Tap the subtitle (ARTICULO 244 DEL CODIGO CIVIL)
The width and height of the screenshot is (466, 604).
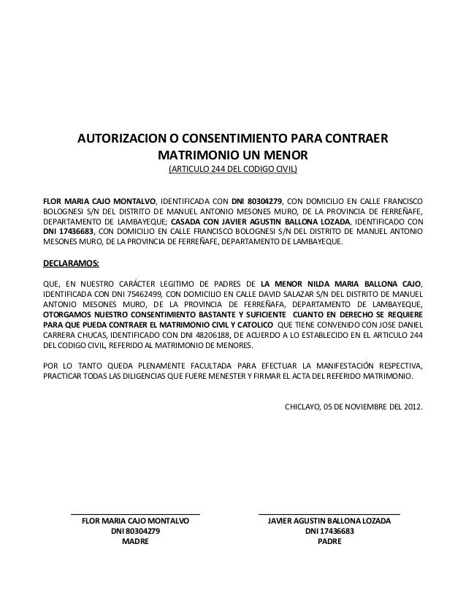[x=233, y=172]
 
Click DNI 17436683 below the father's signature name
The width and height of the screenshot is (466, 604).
[x=329, y=532]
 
